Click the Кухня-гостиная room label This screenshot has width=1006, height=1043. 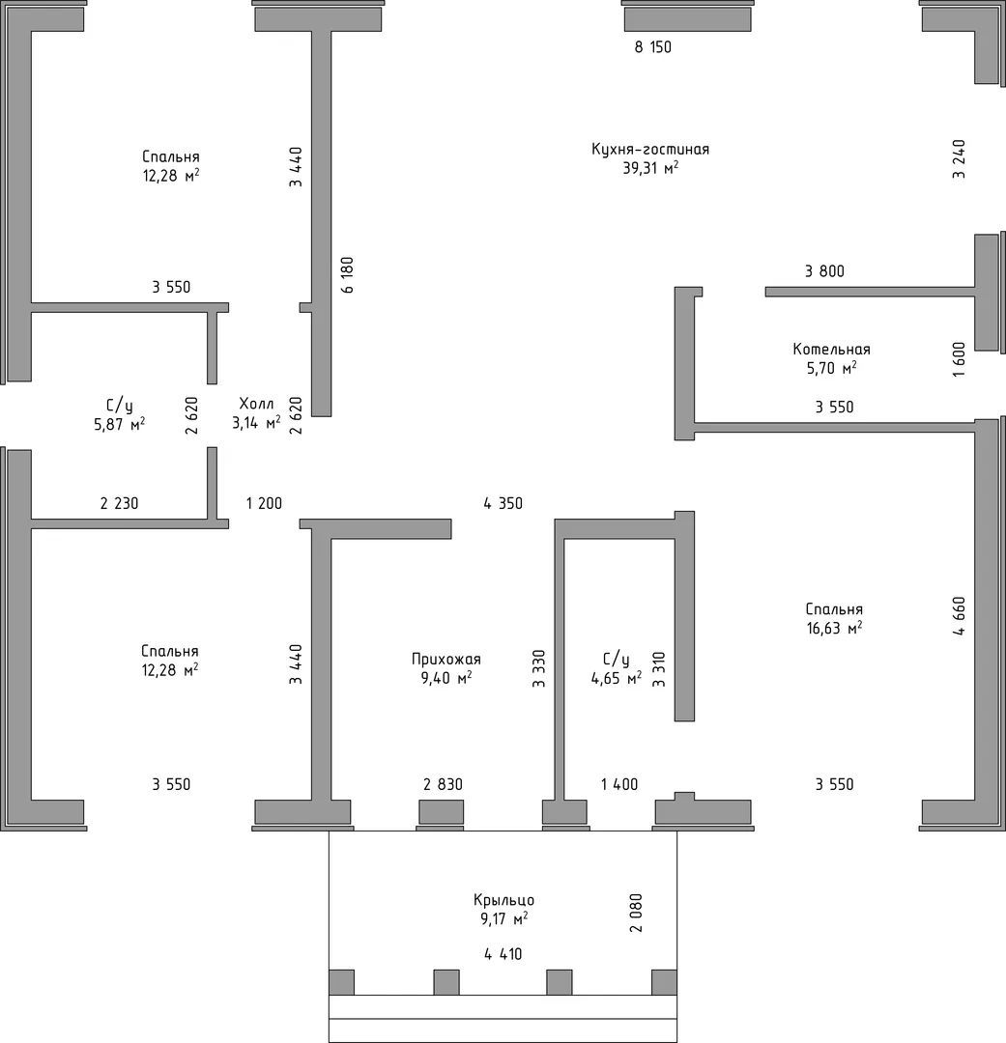coord(650,149)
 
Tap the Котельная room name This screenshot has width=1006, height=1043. coord(831,350)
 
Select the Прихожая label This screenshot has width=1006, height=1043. coord(446,660)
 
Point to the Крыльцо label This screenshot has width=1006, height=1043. coord(504,901)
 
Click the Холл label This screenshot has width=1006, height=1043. coord(256,404)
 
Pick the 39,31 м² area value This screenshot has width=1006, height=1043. coord(650,168)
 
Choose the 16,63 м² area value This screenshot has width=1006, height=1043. coord(834,628)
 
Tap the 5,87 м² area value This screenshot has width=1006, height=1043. coord(120,424)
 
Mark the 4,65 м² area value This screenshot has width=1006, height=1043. coord(617,679)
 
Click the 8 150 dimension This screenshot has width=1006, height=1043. coord(653,47)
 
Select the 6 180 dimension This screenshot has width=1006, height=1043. coord(348,275)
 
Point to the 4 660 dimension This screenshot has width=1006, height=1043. coord(959,616)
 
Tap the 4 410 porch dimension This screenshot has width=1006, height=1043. coord(503,954)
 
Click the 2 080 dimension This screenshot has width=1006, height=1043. coord(637,913)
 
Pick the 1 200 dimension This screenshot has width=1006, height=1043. coord(265,503)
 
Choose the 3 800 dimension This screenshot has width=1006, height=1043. coord(825,271)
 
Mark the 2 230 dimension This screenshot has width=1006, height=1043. coord(120,503)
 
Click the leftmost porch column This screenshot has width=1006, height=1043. coord(341,982)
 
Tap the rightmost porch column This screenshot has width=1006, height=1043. coord(665,982)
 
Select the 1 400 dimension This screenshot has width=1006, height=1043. coord(619,785)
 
